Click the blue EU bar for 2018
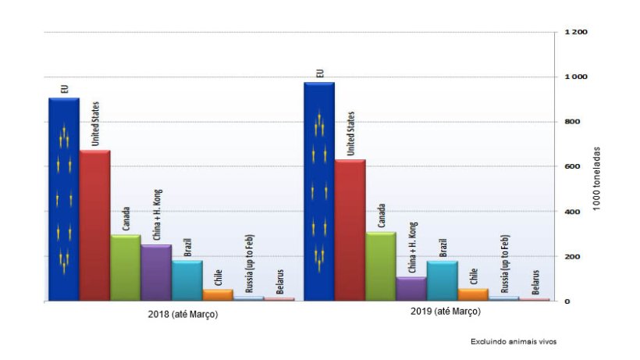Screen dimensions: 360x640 pos(63,199)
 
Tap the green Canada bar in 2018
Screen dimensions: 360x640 pos(125,267)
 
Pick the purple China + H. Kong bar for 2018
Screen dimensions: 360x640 pos(155,273)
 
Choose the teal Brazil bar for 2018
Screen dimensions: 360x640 pos(187,280)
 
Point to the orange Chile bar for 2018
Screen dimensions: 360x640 pos(217,295)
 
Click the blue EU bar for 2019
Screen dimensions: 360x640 pos(318,191)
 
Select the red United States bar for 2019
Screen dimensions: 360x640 pos(350,230)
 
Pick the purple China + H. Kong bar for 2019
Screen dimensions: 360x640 pos(411,288)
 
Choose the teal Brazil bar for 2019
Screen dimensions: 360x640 pos(442,280)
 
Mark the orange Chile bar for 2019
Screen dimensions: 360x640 pos(472,294)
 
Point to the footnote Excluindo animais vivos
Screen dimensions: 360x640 pos(513,341)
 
